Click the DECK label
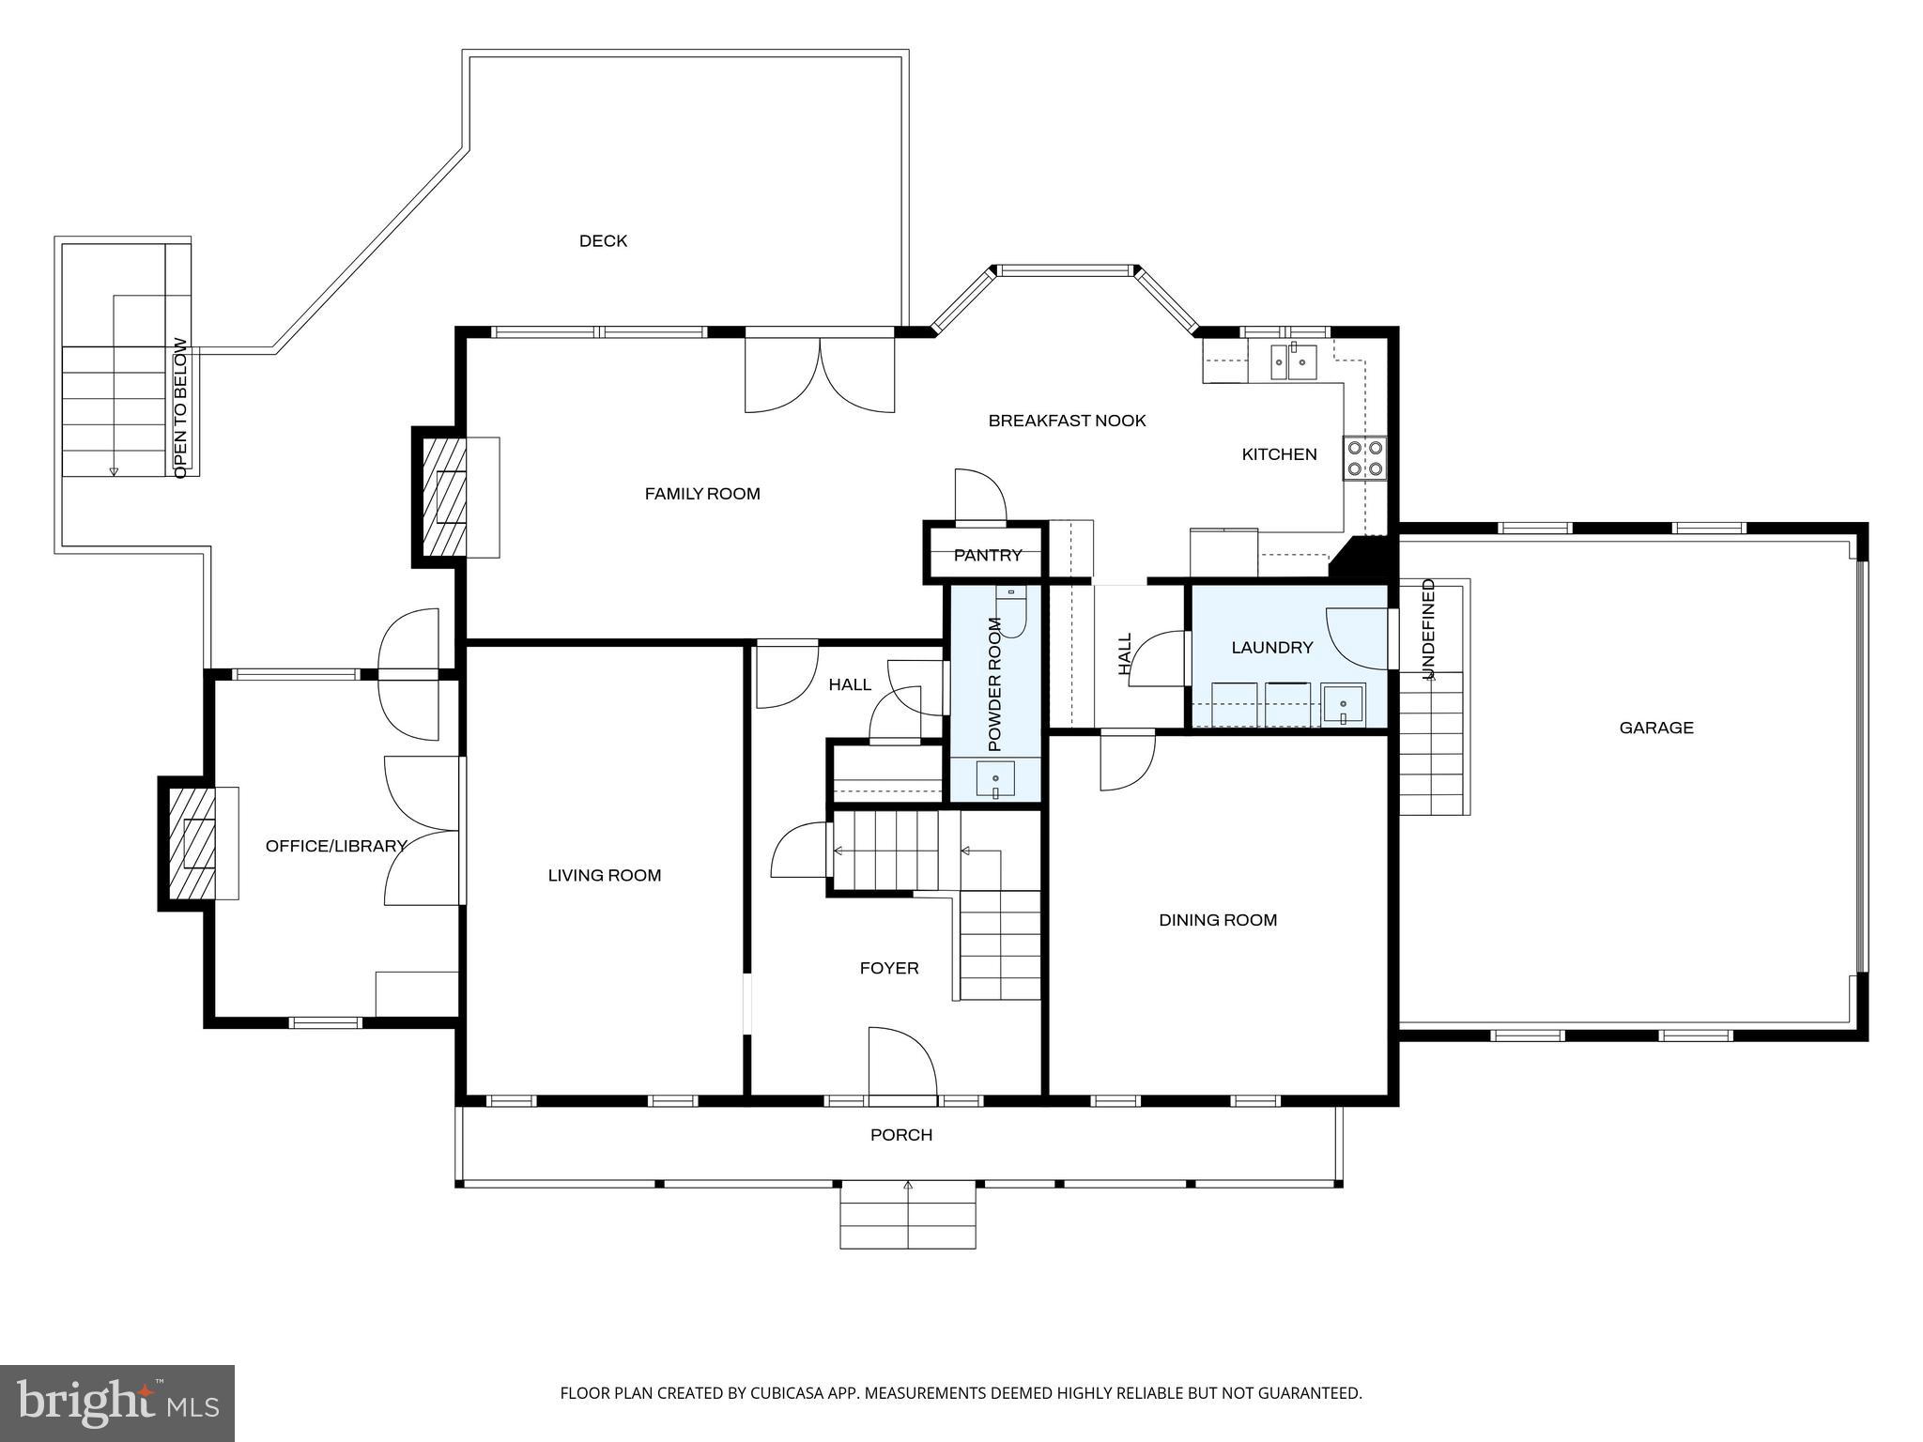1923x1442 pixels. point(603,241)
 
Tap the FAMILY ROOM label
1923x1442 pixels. point(702,494)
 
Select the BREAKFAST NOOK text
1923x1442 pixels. point(1067,421)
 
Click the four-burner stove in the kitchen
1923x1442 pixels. point(1364,458)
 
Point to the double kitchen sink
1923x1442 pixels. point(1294,361)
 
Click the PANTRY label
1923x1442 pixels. point(988,556)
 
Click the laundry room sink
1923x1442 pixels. point(1344,704)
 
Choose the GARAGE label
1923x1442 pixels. point(1656,728)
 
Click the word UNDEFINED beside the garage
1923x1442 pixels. point(1428,629)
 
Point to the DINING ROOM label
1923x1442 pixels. point(1218,920)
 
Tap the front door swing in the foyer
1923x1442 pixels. point(901,1062)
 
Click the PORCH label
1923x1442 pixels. point(901,1135)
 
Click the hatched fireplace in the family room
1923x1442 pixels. point(443,497)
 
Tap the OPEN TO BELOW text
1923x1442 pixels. point(180,407)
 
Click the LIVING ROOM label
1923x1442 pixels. point(605,876)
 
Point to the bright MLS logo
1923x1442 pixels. point(117,1403)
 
